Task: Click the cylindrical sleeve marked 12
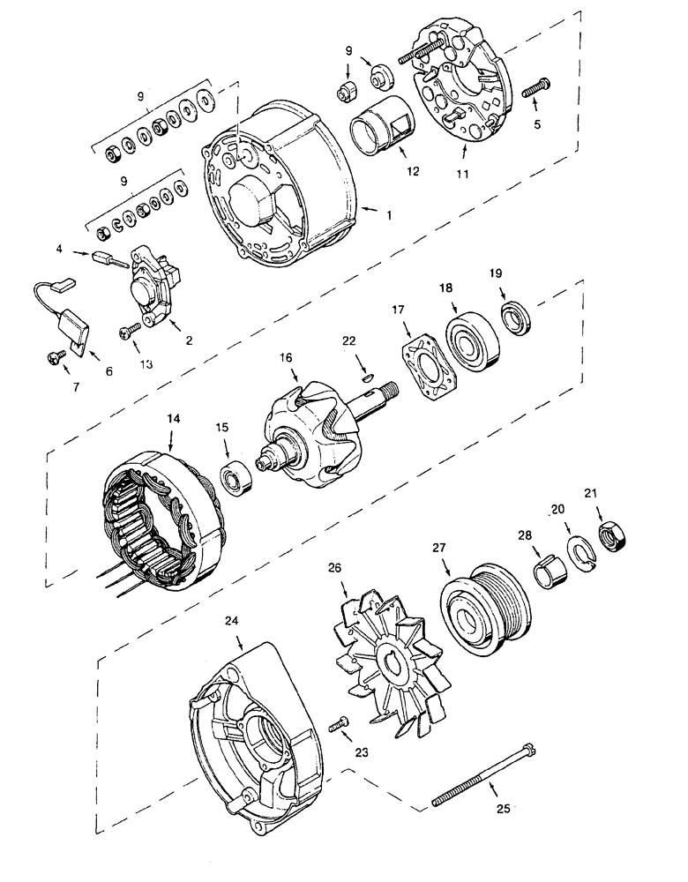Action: [x=378, y=131]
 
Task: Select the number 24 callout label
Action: [x=232, y=621]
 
